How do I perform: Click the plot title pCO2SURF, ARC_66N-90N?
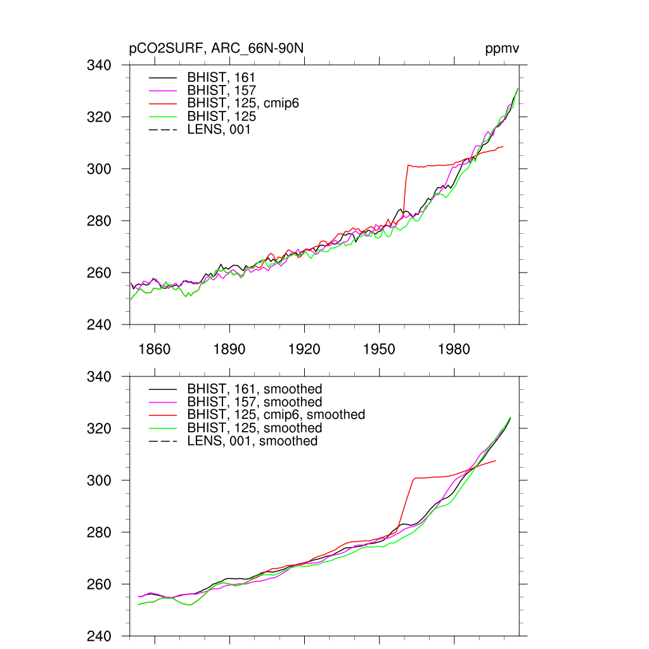click(x=220, y=49)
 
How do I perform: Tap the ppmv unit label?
click(x=503, y=49)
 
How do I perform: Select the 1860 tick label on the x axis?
click(x=155, y=349)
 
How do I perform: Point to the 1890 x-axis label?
click(x=229, y=349)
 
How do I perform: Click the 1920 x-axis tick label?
click(x=304, y=349)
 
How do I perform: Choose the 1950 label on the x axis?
click(x=379, y=349)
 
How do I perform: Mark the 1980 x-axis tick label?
click(x=454, y=349)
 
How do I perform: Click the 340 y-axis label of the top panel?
click(x=99, y=65)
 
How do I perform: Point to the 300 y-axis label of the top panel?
click(x=99, y=169)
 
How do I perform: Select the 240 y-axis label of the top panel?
click(x=99, y=324)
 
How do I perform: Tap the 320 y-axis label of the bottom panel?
click(x=99, y=429)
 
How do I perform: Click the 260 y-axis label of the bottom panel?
click(x=99, y=584)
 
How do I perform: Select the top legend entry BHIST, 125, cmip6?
click(x=243, y=103)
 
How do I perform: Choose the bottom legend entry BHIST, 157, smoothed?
click(x=255, y=402)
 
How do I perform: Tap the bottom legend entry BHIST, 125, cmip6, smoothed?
click(x=276, y=414)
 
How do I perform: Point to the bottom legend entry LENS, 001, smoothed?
click(x=252, y=440)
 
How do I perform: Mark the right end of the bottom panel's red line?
click(x=495, y=461)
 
